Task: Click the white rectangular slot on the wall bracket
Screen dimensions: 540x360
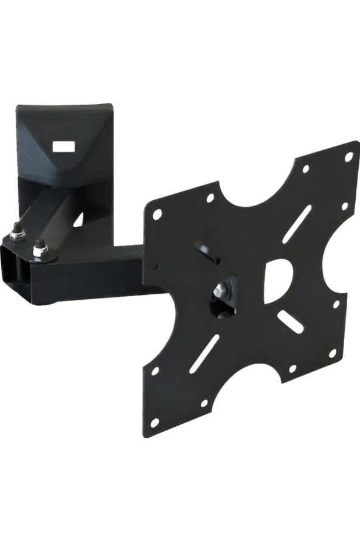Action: pos(63,147)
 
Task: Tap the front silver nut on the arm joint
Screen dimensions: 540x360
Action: pos(39,247)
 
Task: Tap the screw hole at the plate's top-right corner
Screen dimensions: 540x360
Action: pos(348,157)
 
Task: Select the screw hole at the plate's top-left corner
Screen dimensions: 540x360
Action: pos(157,214)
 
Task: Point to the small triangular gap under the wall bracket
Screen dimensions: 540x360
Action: pos(78,219)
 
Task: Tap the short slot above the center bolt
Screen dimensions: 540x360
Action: pos(209,251)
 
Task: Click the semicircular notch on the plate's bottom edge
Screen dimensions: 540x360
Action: pos(246,389)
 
